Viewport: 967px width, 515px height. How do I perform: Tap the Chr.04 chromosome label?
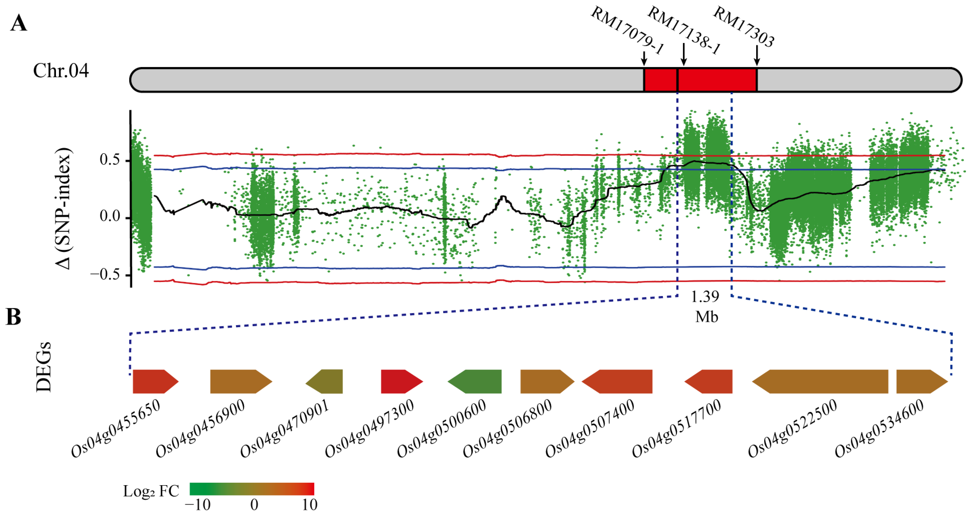[x=61, y=71]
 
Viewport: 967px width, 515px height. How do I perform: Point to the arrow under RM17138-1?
[x=684, y=54]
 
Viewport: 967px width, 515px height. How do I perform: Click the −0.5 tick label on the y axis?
[x=105, y=274]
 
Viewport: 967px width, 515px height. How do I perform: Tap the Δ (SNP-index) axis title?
[x=64, y=208]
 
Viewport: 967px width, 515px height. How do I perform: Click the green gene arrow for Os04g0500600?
[x=475, y=381]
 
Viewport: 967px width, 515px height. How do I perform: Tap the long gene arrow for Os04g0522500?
[x=820, y=381]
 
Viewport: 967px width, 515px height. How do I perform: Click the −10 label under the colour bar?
[x=198, y=505]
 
